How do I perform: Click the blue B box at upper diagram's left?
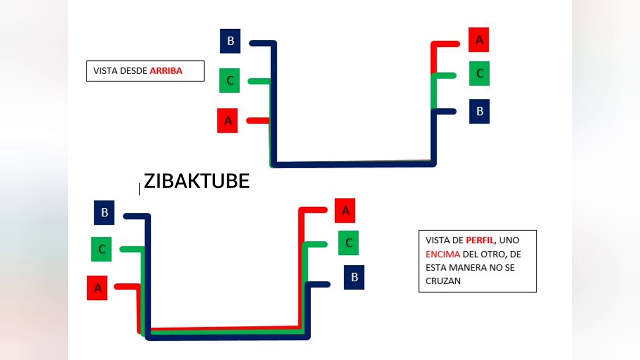coord(230,41)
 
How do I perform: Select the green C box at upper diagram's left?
coord(229,80)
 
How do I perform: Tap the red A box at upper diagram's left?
coord(227,120)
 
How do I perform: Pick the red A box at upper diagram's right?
coord(479,39)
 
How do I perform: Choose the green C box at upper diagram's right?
coord(479,73)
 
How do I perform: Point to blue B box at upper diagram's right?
coord(479,111)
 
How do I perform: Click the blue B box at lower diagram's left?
coord(104,212)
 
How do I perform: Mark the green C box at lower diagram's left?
coord(101,249)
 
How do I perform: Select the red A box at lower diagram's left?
coord(97,287)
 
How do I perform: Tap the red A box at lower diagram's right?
coord(345,210)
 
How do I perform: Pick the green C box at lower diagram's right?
coord(348,243)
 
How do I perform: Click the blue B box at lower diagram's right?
coord(354,277)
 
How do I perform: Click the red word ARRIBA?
coord(166,71)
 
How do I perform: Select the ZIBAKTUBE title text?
coord(197,181)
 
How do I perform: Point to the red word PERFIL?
coord(480,240)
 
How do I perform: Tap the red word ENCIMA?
coord(443,254)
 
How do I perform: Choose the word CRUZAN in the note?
coord(443,281)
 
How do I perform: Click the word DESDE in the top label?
coord(133,71)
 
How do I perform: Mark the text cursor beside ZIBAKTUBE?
coord(139,189)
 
